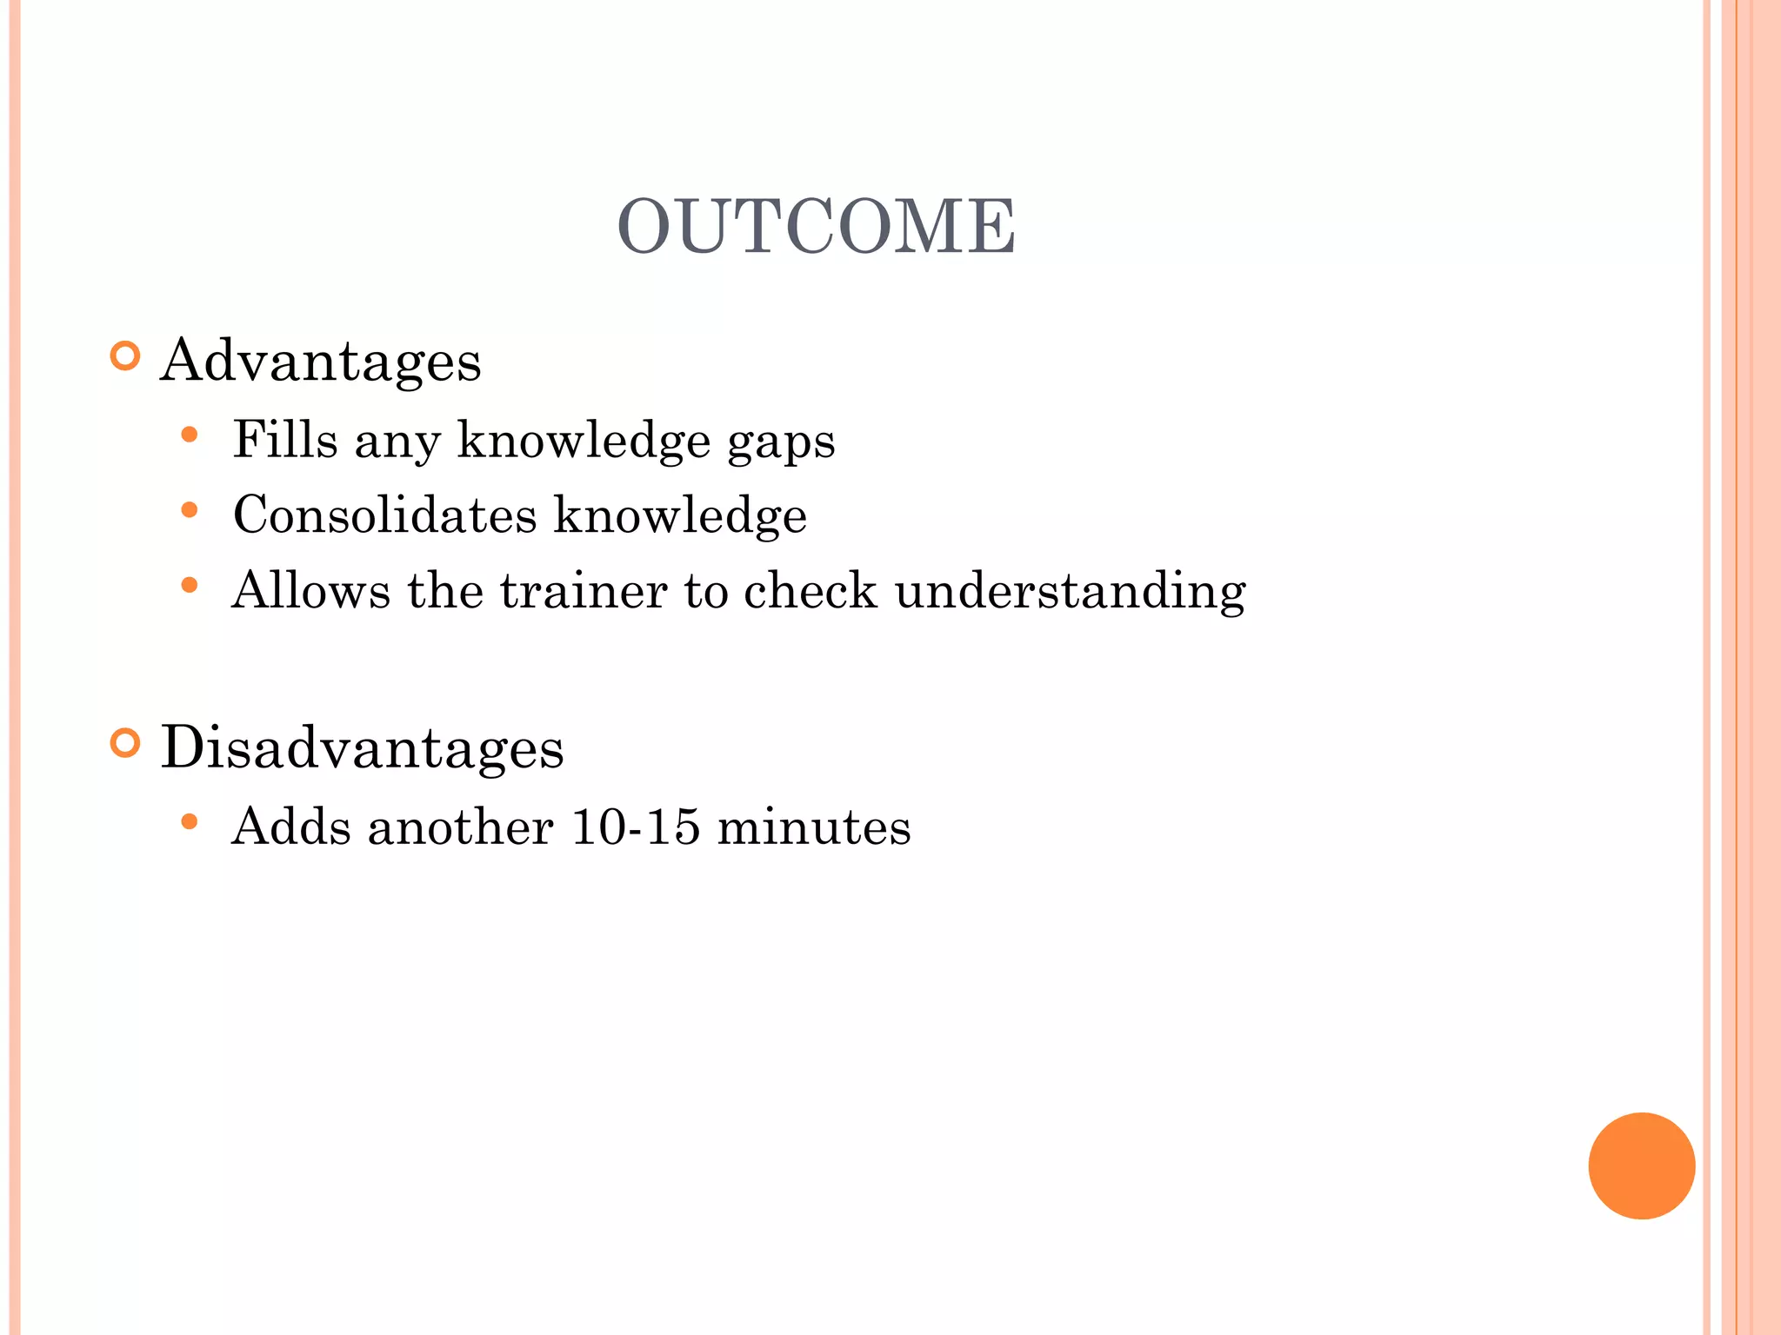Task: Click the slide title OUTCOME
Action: coord(816,227)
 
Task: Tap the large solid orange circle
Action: coord(1641,1166)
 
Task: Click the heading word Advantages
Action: coord(320,361)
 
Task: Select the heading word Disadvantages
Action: coord(362,747)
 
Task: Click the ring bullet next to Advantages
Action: coord(126,356)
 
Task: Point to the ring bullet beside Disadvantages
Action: coord(126,743)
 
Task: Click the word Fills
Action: coord(284,439)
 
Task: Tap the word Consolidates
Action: coord(384,515)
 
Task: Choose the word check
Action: coord(810,591)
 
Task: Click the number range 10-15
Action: coord(636,826)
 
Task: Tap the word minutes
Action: coord(814,826)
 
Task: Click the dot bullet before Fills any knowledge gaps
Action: coord(190,435)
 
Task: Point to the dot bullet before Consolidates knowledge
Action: coord(190,510)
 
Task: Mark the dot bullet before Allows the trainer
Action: coord(190,586)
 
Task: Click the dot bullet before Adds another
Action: coord(190,821)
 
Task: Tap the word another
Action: coord(460,826)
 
